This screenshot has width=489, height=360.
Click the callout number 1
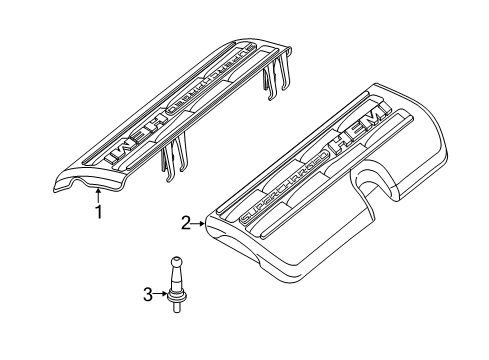point(98,211)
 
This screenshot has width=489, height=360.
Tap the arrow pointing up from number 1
point(98,194)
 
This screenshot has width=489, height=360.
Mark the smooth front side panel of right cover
point(300,263)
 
